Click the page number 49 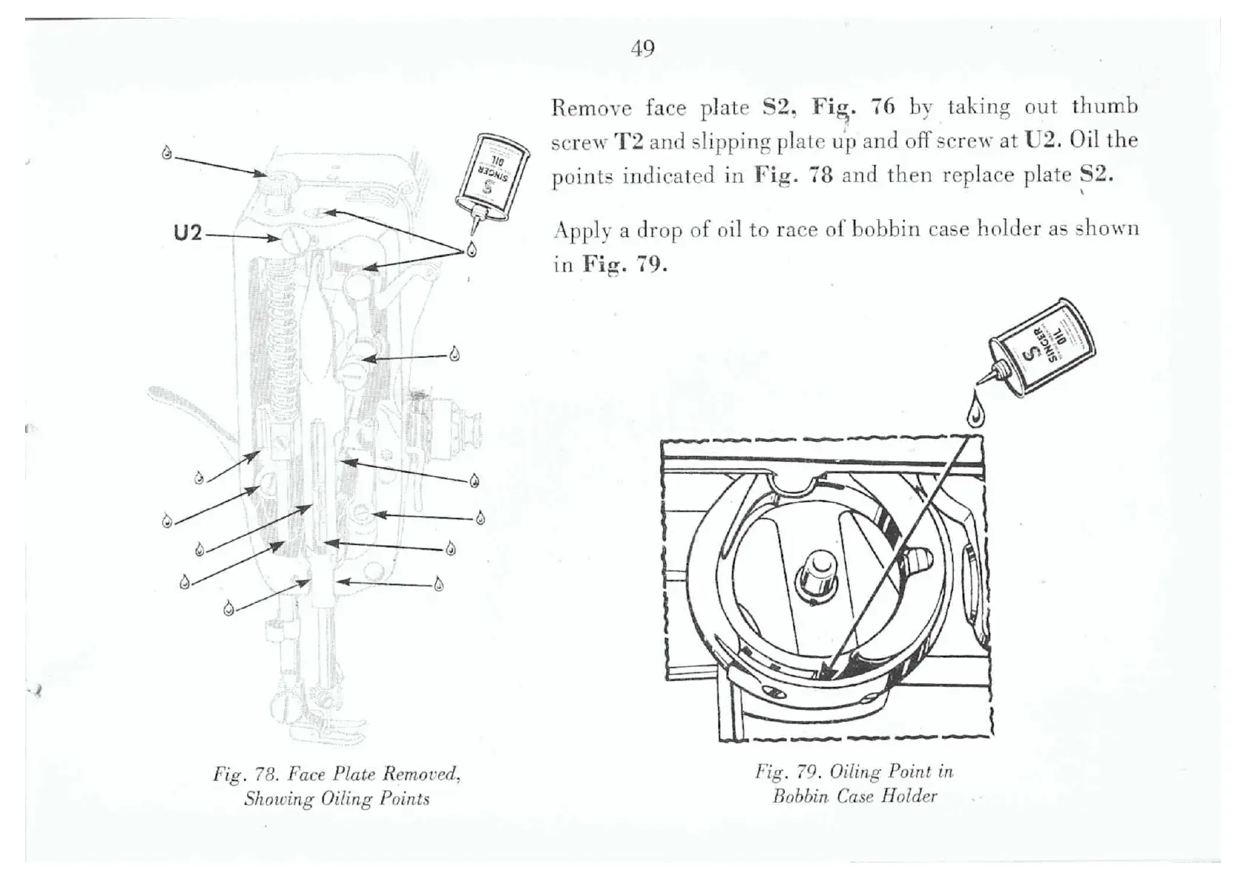[642, 49]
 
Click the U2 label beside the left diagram [187, 233]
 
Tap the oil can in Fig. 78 [492, 175]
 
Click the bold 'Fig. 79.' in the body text [624, 264]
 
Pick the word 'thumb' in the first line [1104, 107]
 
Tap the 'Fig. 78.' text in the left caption [243, 775]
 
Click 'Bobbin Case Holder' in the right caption [855, 797]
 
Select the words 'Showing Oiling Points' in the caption [337, 799]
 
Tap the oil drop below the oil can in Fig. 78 [471, 249]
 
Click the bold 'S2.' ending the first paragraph [1097, 175]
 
